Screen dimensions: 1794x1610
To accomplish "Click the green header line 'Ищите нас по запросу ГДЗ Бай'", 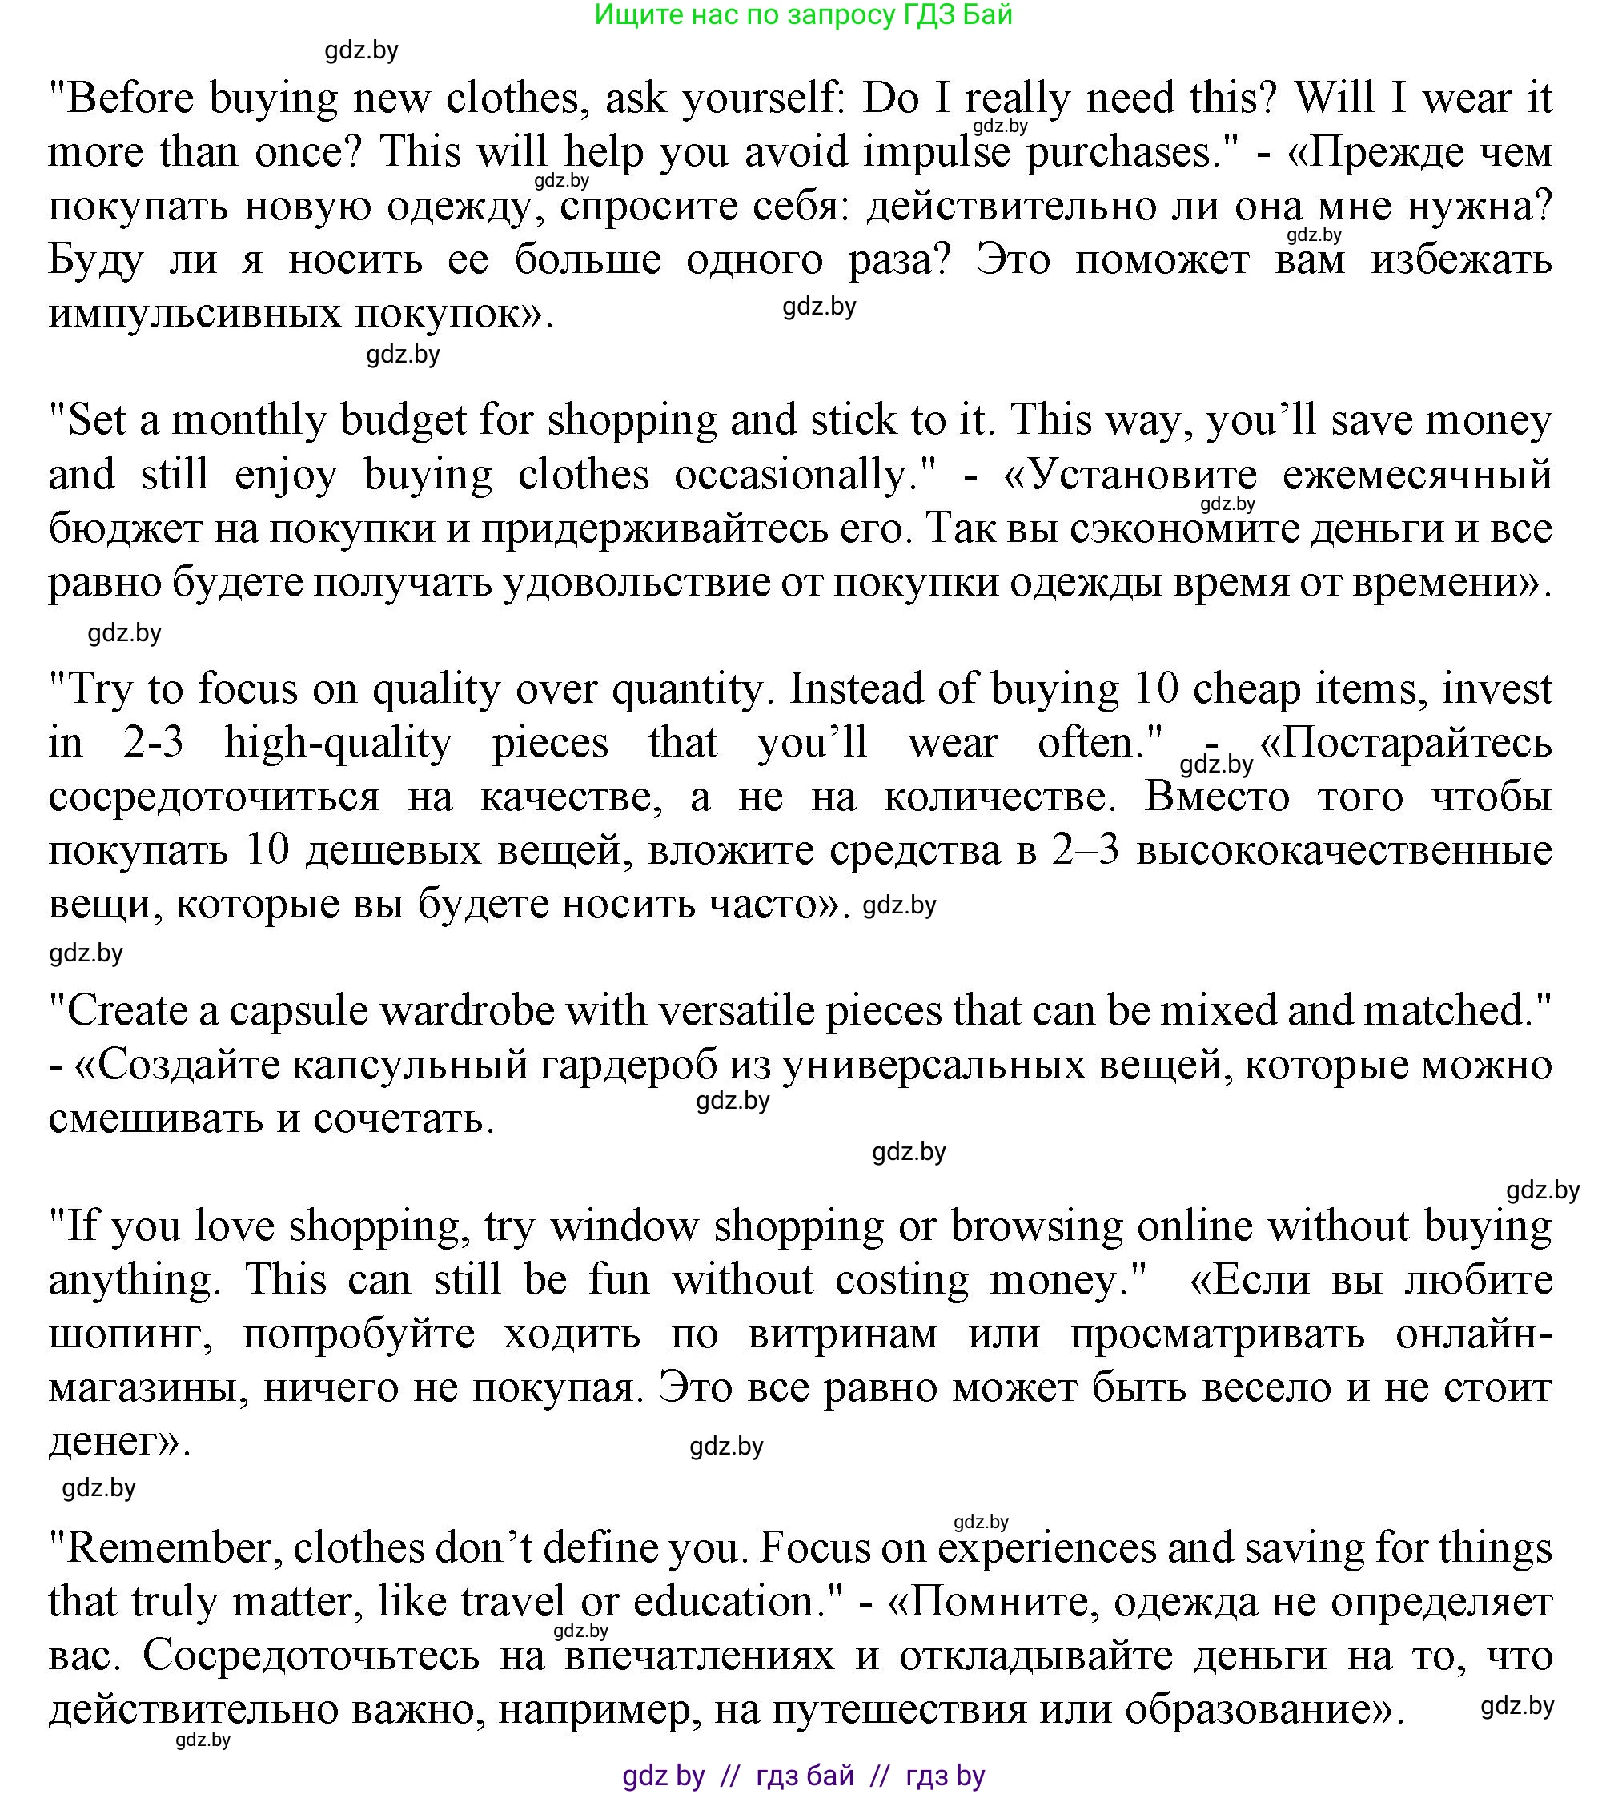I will click(x=803, y=15).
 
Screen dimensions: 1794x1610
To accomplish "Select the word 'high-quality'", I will click(x=338, y=742).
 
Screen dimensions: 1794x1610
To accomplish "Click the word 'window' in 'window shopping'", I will click(x=624, y=1226).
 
